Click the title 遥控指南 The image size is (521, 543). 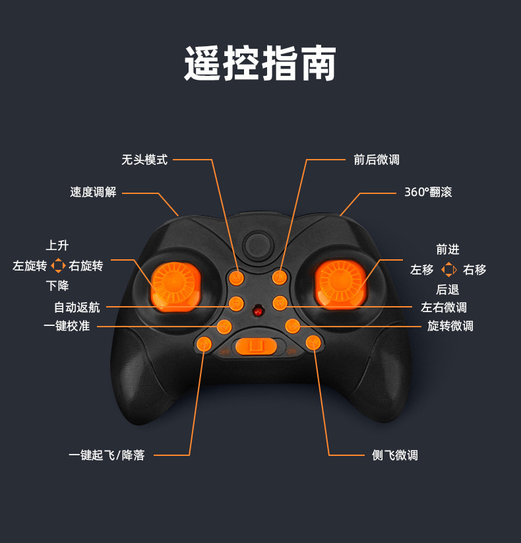[x=260, y=64]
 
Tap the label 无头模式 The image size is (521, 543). [x=144, y=160]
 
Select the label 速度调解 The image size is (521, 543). [x=93, y=192]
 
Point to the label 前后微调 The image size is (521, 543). [x=376, y=160]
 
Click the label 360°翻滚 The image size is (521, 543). [x=428, y=192]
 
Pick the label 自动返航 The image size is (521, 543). [x=77, y=307]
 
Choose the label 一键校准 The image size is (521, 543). [x=67, y=325]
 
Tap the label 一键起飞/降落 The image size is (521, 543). [x=106, y=455]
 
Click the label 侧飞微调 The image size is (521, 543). [x=394, y=455]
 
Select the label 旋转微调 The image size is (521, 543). [x=450, y=325]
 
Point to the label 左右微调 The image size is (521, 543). [x=444, y=307]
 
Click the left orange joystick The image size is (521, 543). [x=173, y=283]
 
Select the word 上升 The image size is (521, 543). [x=57, y=245]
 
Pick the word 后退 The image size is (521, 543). [x=448, y=289]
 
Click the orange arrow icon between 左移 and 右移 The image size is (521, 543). [x=448, y=269]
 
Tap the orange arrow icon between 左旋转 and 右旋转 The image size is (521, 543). [x=58, y=266]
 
